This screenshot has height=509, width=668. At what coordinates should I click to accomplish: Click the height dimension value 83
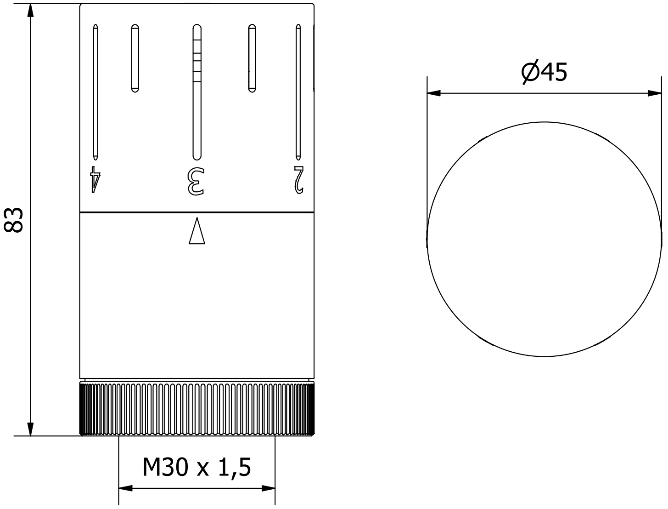pyautogui.click(x=14, y=220)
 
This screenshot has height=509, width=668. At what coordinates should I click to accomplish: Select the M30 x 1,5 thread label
pyautogui.click(x=196, y=467)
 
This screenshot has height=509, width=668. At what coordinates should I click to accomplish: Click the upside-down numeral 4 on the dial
pyautogui.click(x=95, y=179)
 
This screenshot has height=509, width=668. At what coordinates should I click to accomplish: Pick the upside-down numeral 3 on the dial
pyautogui.click(x=196, y=181)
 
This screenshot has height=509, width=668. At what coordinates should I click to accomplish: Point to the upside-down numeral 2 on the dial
pyautogui.click(x=299, y=180)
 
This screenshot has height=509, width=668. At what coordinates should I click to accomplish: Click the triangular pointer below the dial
pyautogui.click(x=197, y=231)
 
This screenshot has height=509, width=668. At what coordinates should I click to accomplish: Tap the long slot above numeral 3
pyautogui.click(x=197, y=92)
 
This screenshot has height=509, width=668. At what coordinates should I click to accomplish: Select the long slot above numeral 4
pyautogui.click(x=95, y=92)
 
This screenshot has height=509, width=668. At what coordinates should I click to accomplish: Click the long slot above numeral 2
pyautogui.click(x=298, y=92)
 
